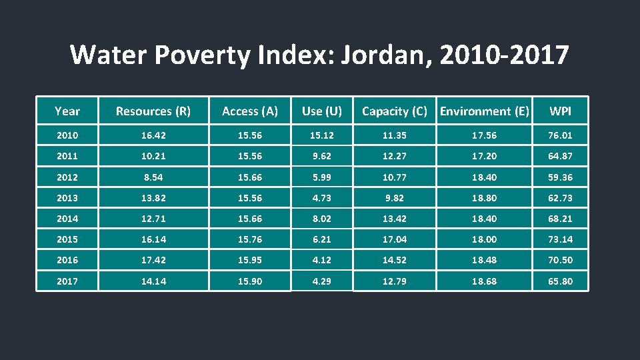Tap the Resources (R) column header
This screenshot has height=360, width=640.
(x=153, y=111)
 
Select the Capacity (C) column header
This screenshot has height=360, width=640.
(x=394, y=111)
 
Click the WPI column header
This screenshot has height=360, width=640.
(x=560, y=111)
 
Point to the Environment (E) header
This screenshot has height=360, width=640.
(x=485, y=111)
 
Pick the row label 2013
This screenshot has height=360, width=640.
(x=67, y=198)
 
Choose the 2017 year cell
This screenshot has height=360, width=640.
(x=67, y=281)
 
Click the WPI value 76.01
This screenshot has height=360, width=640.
(x=560, y=135)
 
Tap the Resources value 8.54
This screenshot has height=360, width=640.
(x=153, y=177)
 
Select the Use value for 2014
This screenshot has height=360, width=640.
(x=322, y=219)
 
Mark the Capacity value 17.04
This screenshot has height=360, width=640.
(x=394, y=239)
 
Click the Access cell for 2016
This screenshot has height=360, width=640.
(x=250, y=260)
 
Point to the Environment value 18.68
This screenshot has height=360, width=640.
(x=485, y=281)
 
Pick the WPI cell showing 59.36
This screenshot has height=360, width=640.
(x=560, y=177)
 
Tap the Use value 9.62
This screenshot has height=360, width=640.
(x=322, y=156)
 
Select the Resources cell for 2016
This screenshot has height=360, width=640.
(x=153, y=260)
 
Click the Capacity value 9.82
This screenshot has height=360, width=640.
(x=394, y=198)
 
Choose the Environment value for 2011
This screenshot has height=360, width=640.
(x=485, y=156)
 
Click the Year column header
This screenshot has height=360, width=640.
(x=67, y=111)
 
